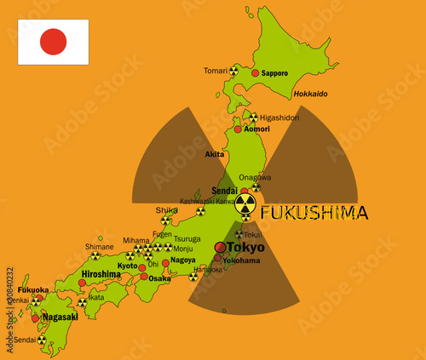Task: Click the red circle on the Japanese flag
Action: pos(53,42)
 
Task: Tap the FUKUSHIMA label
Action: pos(314,213)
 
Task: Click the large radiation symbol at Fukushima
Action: pos(245,203)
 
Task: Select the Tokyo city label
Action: pos(245,247)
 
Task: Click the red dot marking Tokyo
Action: pos(220,247)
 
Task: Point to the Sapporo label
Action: pos(275,74)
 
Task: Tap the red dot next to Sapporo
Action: pos(255,75)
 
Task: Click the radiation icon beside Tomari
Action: pos(234,71)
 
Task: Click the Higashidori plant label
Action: pos(280,117)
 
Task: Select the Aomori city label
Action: pos(257,129)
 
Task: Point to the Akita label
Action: pos(215,154)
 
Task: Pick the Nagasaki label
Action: pos(60,317)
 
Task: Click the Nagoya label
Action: pos(183,260)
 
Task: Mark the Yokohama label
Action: pos(241,260)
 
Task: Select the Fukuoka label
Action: pos(33,289)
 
